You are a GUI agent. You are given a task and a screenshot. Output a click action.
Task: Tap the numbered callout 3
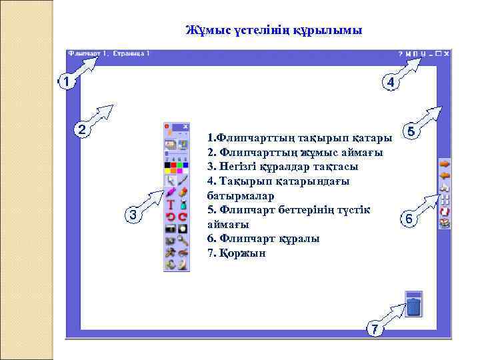tap(134, 215)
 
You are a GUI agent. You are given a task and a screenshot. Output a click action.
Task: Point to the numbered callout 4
tap(390, 82)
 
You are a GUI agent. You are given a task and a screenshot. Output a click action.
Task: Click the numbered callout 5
tap(411, 132)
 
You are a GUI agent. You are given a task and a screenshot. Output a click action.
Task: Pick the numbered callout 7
tap(375, 329)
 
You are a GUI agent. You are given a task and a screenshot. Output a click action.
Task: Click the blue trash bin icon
tap(414, 306)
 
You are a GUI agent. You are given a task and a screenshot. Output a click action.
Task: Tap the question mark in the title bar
tap(400, 53)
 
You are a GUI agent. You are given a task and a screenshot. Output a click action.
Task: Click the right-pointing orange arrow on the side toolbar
tap(445, 163)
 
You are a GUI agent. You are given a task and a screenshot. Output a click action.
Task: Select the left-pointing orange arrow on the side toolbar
tap(445, 175)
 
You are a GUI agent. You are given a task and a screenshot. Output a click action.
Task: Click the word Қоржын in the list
tap(237, 253)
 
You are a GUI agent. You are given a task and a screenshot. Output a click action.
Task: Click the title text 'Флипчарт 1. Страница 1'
tap(109, 53)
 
